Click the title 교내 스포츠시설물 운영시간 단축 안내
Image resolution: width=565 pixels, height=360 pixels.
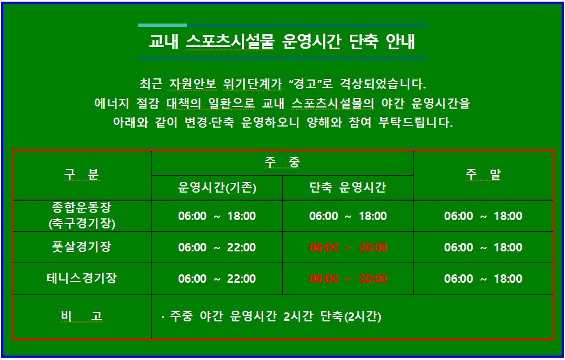click(282, 42)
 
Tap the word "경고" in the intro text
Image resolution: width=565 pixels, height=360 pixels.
click(307, 85)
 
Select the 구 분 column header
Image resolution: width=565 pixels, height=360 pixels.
click(81, 175)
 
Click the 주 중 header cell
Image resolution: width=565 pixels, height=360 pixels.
click(282, 163)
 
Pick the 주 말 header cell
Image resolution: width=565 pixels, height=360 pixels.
click(483, 175)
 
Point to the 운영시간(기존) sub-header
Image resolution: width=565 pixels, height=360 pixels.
click(217, 188)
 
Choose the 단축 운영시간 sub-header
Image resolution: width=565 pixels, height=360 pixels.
click(348, 188)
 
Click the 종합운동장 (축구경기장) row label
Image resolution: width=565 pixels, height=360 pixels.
click(81, 216)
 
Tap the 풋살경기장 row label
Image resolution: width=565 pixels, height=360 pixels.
click(81, 247)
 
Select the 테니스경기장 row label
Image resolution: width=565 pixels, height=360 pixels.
click(81, 278)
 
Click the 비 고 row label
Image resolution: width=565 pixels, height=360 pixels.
click(81, 317)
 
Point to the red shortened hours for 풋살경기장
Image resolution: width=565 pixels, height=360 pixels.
click(348, 247)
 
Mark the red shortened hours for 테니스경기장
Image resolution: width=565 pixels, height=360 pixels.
click(348, 279)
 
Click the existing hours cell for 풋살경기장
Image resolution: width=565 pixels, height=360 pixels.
click(217, 247)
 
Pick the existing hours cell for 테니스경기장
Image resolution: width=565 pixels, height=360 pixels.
click(217, 279)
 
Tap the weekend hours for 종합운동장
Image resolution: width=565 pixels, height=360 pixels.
click(483, 216)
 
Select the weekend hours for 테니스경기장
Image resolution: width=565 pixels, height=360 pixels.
click(483, 279)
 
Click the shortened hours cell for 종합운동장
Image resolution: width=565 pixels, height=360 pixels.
click(348, 216)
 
